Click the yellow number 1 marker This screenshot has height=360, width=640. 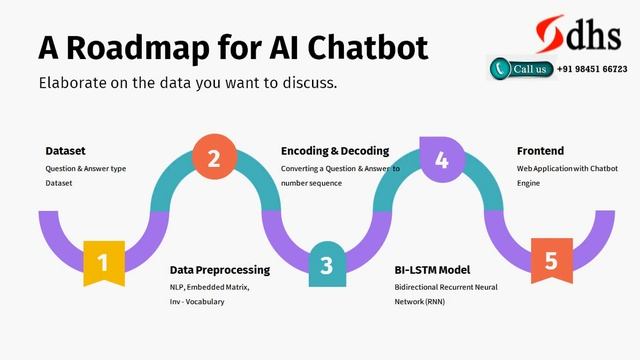point(103,262)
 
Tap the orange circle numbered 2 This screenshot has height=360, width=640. point(213,158)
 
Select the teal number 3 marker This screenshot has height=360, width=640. point(326,265)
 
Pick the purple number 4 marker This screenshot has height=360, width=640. point(441,158)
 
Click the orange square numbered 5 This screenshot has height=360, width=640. point(551,261)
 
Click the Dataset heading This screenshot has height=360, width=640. point(65,151)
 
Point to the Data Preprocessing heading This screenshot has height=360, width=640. point(219,270)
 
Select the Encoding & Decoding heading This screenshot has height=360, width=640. point(334,151)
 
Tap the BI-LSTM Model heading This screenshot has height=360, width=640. point(432,270)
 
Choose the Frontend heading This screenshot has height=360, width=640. point(541,151)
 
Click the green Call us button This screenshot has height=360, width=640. point(520,69)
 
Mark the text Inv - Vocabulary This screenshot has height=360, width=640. point(196,301)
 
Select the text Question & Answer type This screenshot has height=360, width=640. point(85,168)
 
